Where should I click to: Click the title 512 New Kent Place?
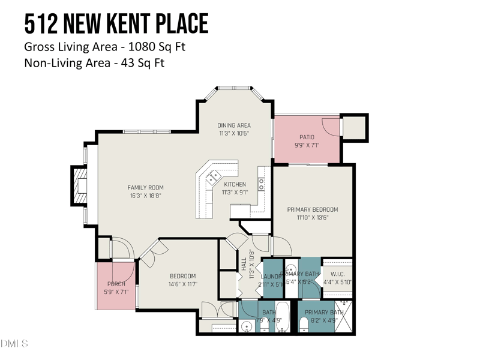click(116, 23)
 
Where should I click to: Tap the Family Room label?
click(145, 188)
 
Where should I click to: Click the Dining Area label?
click(234, 125)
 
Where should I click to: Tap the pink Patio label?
click(307, 137)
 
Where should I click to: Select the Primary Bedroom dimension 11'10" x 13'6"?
click(312, 217)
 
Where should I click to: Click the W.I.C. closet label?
click(338, 274)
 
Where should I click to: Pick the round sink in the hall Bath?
click(247, 328)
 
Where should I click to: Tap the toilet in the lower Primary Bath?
click(304, 324)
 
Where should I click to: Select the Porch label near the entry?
click(116, 284)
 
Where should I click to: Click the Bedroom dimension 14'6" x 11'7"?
click(183, 284)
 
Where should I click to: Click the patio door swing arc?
click(329, 125)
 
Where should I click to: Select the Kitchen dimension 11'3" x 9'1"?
click(234, 193)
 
